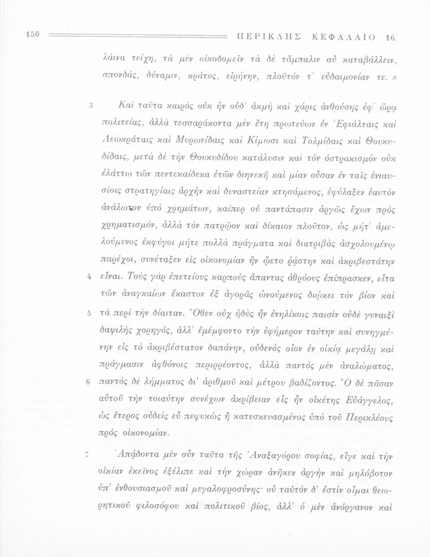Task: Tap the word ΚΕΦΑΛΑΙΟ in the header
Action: point(344,37)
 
